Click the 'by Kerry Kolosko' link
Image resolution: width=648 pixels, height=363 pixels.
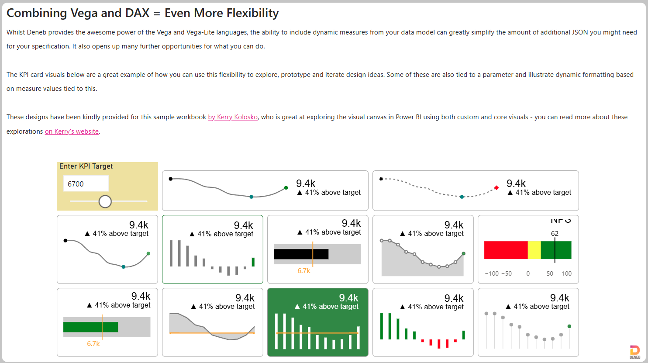click(233, 117)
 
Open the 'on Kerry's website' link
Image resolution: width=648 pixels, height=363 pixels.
click(72, 131)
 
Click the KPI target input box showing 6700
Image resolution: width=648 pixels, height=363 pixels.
click(86, 183)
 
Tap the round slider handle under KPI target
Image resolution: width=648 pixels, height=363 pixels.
click(105, 201)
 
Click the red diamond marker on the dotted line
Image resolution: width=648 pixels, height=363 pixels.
click(496, 188)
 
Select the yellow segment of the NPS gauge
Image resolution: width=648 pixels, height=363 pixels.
click(534, 250)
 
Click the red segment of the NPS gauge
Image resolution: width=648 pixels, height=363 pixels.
click(506, 250)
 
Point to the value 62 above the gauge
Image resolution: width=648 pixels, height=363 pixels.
click(555, 233)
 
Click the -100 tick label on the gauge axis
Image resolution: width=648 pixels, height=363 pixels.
click(492, 273)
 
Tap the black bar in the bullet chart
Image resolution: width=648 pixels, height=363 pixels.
click(301, 254)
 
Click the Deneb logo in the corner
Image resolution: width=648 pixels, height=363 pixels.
click(635, 352)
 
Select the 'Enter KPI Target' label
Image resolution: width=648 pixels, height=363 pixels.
click(86, 166)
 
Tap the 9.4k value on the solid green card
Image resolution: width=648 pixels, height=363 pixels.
click(348, 298)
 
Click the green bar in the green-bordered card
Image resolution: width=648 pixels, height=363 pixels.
click(253, 262)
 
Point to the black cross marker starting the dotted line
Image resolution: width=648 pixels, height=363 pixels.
click(381, 179)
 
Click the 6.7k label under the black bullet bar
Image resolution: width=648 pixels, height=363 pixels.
click(304, 271)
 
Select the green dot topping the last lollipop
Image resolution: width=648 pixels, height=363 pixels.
click(569, 326)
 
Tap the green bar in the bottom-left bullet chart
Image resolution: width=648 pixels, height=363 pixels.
click(90, 327)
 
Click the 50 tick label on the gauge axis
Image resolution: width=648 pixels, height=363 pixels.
click(550, 273)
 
